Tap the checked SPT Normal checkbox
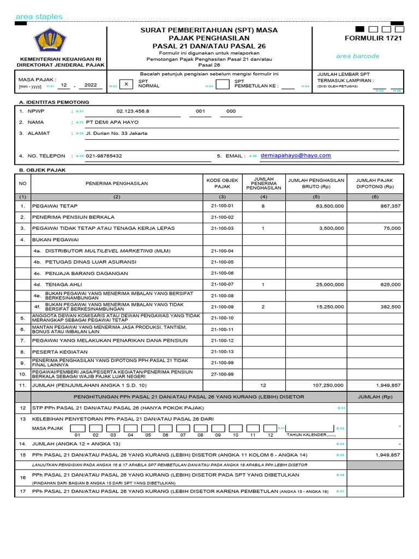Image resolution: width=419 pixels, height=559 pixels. coord(126,84)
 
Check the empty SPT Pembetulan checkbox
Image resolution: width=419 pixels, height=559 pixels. coord(222,84)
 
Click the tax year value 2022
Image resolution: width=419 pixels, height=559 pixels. coord(91,85)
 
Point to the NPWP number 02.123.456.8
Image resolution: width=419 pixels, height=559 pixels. coord(133,111)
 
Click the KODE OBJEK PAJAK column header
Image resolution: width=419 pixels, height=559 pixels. coord(222,183)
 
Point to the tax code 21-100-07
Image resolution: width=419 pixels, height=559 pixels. coord(222,284)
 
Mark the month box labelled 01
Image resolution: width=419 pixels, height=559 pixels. coord(77,428)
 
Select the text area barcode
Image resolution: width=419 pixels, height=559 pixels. coord(357,56)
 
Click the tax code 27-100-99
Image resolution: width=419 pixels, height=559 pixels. coord(222,374)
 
